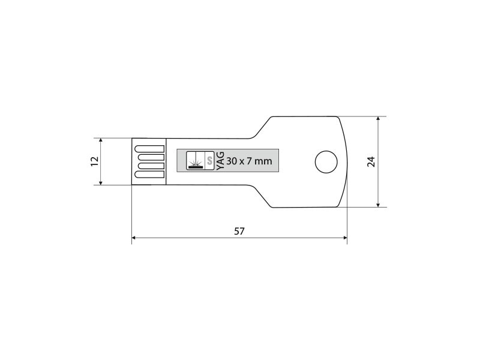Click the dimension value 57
(x=239, y=231)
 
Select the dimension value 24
(x=371, y=161)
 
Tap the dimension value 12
(x=95, y=161)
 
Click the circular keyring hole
(x=326, y=161)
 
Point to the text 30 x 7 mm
(x=249, y=161)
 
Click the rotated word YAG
(x=220, y=161)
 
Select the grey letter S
(x=209, y=161)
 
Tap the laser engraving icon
(x=196, y=161)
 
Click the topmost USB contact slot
(x=149, y=149)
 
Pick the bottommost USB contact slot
(x=149, y=175)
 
